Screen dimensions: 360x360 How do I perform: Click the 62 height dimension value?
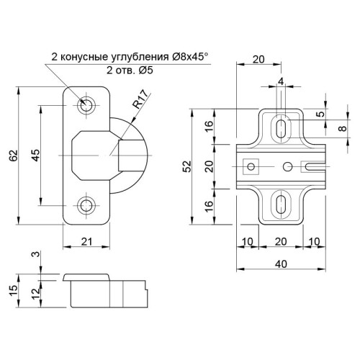pyautogui.click(x=14, y=156)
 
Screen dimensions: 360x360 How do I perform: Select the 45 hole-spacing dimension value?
pyautogui.click(x=36, y=156)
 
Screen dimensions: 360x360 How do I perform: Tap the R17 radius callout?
pyautogui.click(x=140, y=99)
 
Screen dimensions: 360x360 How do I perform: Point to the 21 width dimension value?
pyautogui.click(x=86, y=241)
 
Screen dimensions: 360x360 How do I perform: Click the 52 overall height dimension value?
pyautogui.click(x=187, y=166)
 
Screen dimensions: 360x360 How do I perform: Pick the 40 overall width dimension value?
pyautogui.click(x=281, y=264)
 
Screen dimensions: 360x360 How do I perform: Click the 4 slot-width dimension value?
pyautogui.click(x=281, y=81)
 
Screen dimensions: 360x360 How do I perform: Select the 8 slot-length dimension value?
pyautogui.click(x=343, y=128)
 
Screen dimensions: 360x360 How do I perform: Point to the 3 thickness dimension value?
pyautogui.click(x=36, y=254)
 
